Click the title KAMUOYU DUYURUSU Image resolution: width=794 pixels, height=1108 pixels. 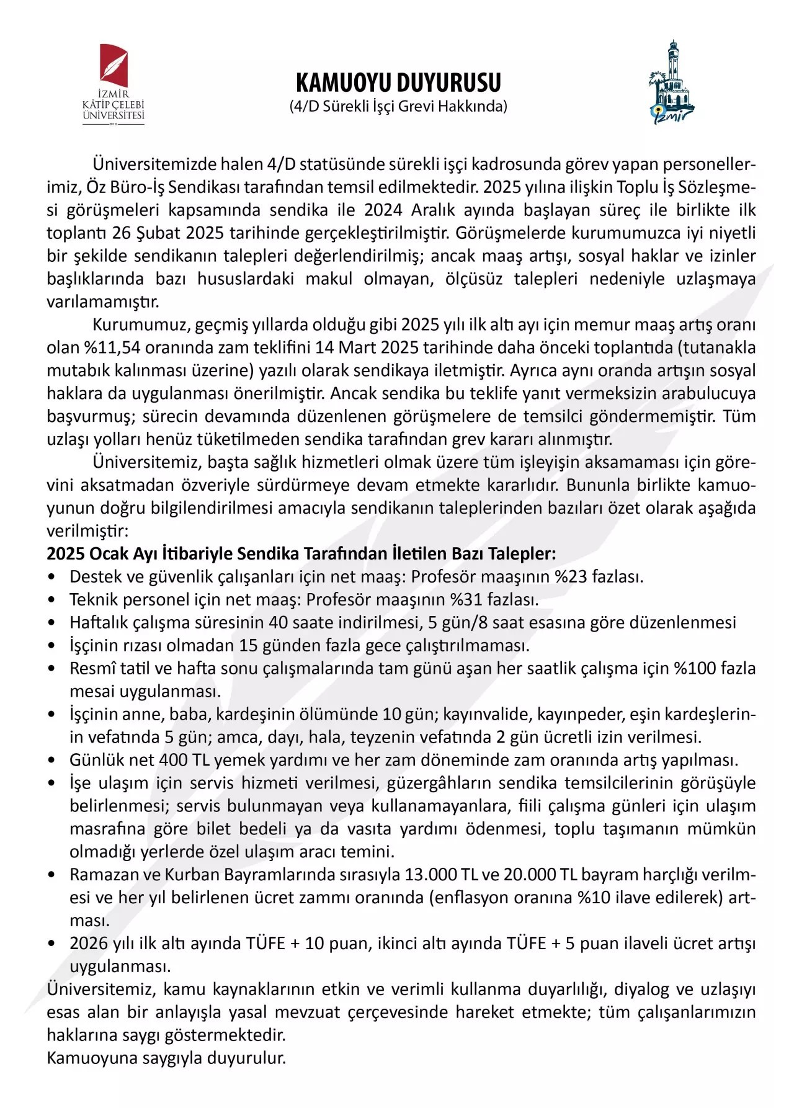pyautogui.click(x=398, y=83)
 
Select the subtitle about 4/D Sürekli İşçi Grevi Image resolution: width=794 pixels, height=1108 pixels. pyautogui.click(x=398, y=106)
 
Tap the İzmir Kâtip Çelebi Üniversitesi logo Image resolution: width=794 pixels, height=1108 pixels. pyautogui.click(x=114, y=84)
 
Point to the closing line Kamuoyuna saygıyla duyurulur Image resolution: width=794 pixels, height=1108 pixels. pyautogui.click(x=166, y=1058)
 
